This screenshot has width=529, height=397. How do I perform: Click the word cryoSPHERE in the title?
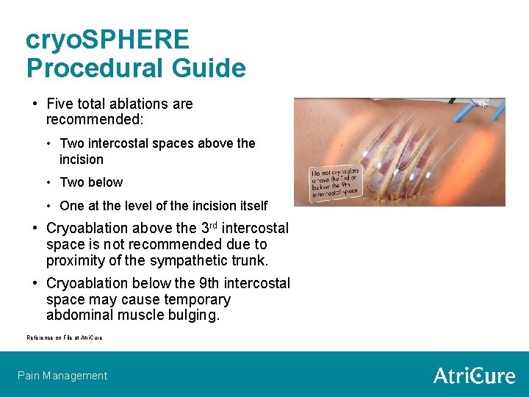pyautogui.click(x=107, y=39)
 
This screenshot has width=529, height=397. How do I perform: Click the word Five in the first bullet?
pyautogui.click(x=61, y=104)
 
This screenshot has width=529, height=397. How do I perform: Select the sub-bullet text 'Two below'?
pyautogui.click(x=91, y=182)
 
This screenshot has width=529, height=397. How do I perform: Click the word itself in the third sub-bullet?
pyautogui.click(x=251, y=206)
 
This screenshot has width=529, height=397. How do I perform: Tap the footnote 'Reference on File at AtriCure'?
pyautogui.click(x=65, y=337)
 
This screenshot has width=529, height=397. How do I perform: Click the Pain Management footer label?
pyautogui.click(x=62, y=376)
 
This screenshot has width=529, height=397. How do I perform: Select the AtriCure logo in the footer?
pyautogui.click(x=474, y=376)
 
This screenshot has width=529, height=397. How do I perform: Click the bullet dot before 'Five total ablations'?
pyautogui.click(x=35, y=104)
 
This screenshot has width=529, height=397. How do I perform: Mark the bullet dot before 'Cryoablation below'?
pyautogui.click(x=35, y=283)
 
